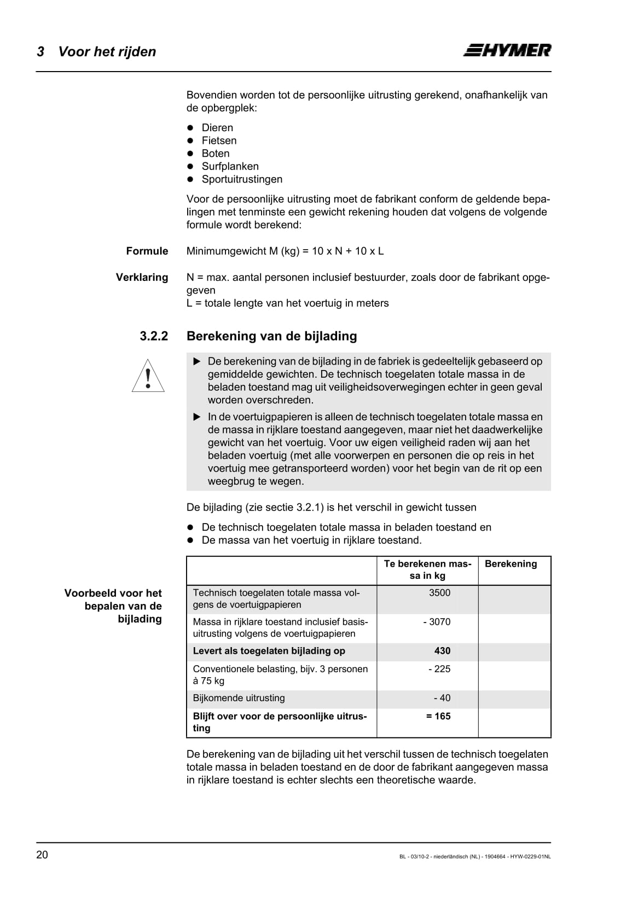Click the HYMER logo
click(x=507, y=50)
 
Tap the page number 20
click(x=42, y=855)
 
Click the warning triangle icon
click(x=148, y=376)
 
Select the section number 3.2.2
click(x=154, y=336)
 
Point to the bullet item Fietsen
click(x=219, y=140)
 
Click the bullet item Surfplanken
click(x=230, y=166)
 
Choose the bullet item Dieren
click(x=217, y=128)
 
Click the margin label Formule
click(x=147, y=251)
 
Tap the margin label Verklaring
click(x=142, y=277)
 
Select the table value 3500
click(x=439, y=593)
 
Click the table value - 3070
click(x=437, y=622)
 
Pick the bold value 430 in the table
click(x=442, y=651)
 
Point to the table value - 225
click(x=439, y=669)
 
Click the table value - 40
click(x=442, y=698)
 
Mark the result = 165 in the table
click(x=438, y=716)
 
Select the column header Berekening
click(x=511, y=564)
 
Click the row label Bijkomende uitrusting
click(x=239, y=698)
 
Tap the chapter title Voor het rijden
click(x=107, y=52)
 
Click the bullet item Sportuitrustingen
click(x=242, y=179)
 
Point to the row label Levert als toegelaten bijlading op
click(x=269, y=651)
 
